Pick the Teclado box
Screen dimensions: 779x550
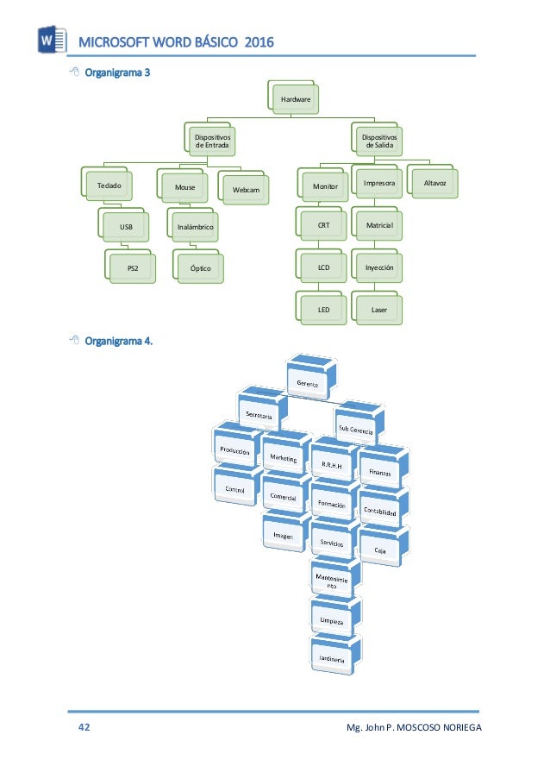tap(110, 185)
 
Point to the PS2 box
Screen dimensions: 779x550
tap(132, 268)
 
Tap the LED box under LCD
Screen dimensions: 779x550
tap(323, 309)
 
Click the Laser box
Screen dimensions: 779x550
tap(378, 309)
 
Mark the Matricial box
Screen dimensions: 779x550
tap(378, 225)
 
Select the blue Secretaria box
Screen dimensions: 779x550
tap(260, 414)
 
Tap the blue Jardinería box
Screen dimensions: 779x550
tap(333, 660)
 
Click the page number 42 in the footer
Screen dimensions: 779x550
tap(84, 729)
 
